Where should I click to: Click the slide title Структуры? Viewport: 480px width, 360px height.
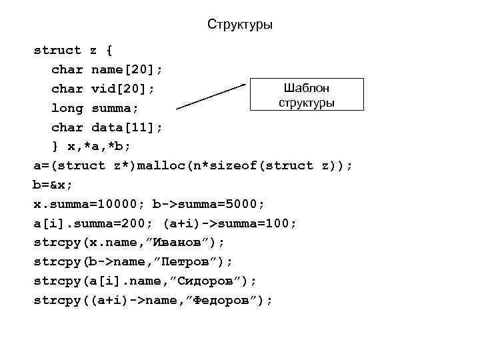(x=239, y=25)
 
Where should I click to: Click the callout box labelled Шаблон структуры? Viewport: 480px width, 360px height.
(x=307, y=95)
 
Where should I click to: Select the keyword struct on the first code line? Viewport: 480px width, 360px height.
(x=58, y=50)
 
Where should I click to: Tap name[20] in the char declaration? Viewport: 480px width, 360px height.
(x=127, y=69)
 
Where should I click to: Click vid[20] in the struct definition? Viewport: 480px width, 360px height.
(x=123, y=89)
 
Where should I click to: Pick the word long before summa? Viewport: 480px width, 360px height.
(x=67, y=108)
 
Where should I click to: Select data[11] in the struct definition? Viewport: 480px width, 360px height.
(x=127, y=127)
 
